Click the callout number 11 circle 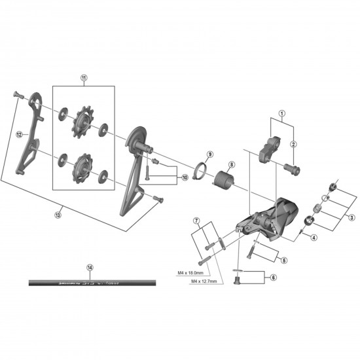pos(84,77)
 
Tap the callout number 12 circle pos(19,135)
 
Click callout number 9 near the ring pos(209,154)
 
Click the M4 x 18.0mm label pos(190,273)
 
